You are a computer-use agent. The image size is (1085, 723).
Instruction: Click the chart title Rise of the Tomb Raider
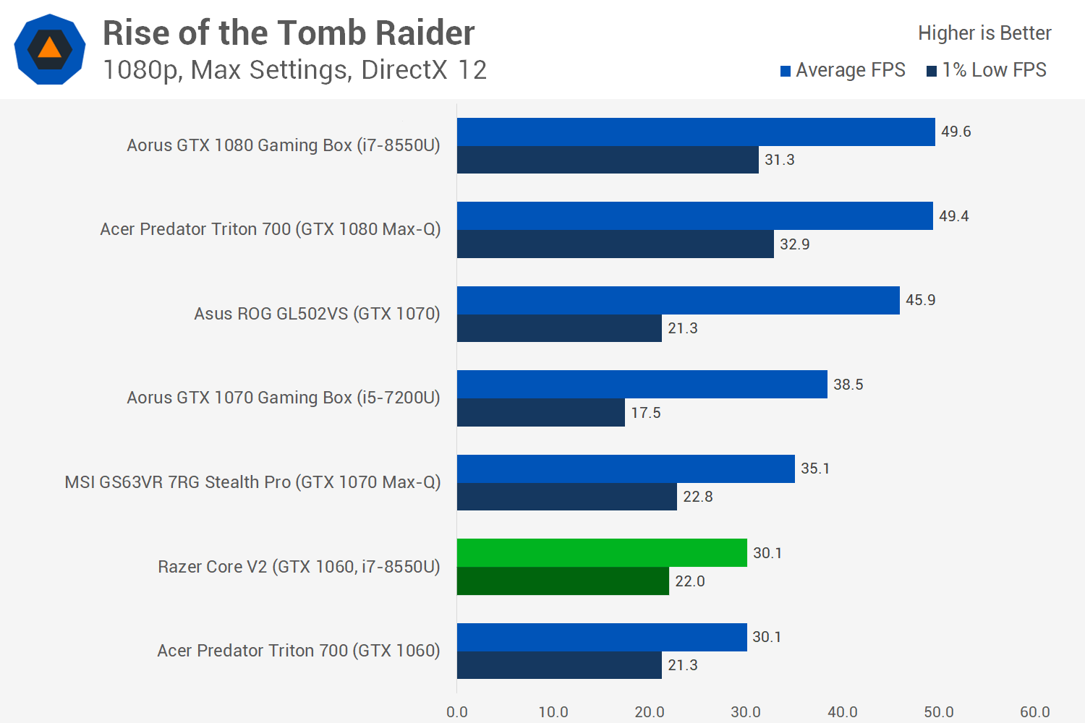[289, 33]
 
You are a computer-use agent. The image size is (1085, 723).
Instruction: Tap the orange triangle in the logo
[49, 48]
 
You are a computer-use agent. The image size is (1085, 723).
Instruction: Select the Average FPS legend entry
[843, 70]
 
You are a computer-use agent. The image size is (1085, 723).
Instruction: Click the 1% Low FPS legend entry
[986, 70]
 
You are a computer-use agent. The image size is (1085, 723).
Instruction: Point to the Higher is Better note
[984, 33]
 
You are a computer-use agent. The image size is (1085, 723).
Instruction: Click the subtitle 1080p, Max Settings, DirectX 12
[295, 69]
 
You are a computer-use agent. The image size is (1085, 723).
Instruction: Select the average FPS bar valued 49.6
[696, 132]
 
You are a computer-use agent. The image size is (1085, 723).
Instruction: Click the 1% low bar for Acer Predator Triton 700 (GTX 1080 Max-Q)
[615, 244]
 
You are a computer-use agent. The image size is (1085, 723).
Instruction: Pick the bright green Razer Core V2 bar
[602, 552]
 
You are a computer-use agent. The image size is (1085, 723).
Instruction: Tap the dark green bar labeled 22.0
[563, 581]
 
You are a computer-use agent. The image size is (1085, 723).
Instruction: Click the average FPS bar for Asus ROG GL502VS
[678, 300]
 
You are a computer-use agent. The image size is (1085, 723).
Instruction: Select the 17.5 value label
[646, 413]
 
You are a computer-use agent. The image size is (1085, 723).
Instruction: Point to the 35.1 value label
[815, 469]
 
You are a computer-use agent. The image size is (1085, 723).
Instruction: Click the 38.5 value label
[848, 385]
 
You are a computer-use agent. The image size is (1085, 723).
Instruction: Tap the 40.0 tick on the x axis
[843, 712]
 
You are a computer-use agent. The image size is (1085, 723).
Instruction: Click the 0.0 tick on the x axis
[456, 712]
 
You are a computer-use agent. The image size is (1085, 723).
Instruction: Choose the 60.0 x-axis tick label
[1035, 712]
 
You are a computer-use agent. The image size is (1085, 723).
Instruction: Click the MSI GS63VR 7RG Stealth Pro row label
[253, 482]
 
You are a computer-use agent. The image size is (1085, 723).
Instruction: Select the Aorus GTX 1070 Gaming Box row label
[284, 398]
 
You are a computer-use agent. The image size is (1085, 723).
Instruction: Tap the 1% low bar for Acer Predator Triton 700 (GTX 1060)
[559, 665]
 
